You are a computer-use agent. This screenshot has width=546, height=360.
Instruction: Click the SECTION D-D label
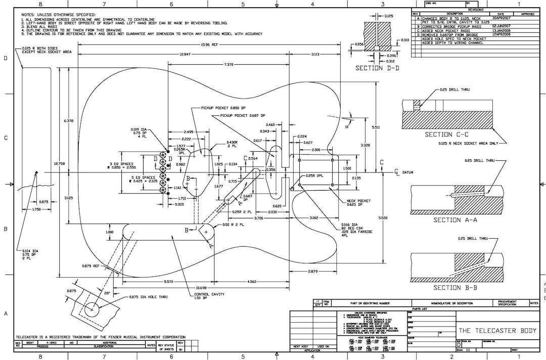(x=377, y=68)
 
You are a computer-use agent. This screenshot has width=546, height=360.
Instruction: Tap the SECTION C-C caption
(x=446, y=134)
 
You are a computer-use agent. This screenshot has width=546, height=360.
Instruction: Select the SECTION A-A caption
(x=455, y=220)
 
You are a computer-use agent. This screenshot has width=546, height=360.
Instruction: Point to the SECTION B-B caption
(x=454, y=288)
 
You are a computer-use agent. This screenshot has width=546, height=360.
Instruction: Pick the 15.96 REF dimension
(x=210, y=44)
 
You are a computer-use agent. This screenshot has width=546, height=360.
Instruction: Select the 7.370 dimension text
(x=229, y=65)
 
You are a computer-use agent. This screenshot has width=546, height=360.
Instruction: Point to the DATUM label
(x=408, y=172)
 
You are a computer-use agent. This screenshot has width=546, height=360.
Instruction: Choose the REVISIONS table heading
(x=476, y=10)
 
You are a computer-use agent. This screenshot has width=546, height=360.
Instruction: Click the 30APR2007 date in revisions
(x=501, y=18)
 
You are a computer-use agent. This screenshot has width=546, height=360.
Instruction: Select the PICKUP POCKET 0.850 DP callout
(x=223, y=108)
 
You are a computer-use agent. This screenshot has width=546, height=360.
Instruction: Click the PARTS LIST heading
(x=420, y=309)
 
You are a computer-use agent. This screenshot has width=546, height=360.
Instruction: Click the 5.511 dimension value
(x=376, y=127)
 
